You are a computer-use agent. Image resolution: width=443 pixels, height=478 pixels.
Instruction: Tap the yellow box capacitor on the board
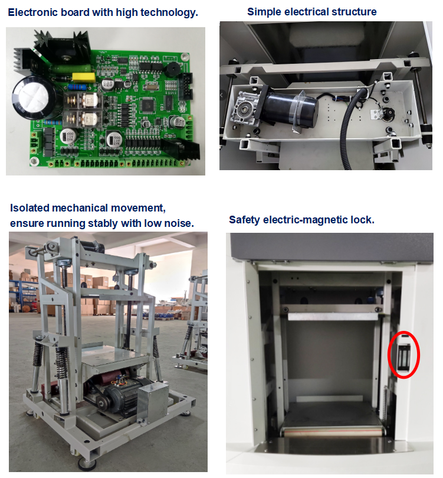click(x=83, y=77)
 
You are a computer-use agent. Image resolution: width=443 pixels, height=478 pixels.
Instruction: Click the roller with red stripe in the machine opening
click(x=333, y=433)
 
